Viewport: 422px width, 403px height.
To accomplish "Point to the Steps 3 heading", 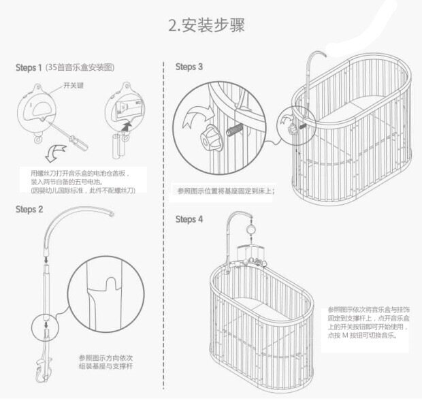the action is coord(189,67).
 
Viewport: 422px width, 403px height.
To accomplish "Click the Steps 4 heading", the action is coord(189,219).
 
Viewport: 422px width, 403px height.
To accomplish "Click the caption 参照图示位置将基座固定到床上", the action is coord(225,191).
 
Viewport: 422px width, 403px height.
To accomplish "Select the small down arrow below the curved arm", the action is coord(46,257).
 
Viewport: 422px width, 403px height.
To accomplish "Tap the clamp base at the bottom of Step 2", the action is coord(46,368).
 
